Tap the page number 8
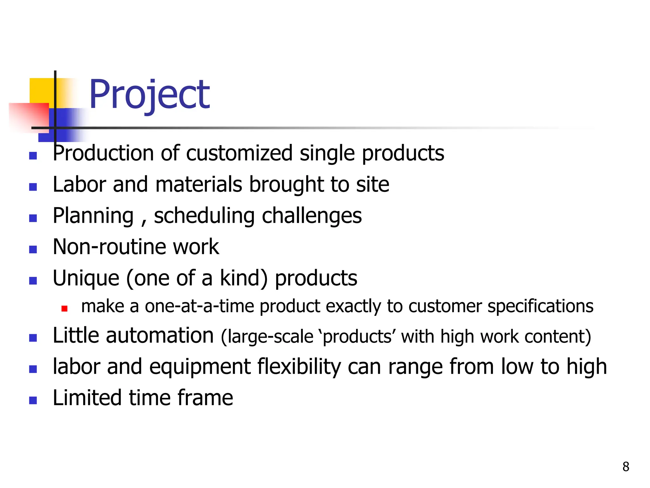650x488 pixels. [x=626, y=467]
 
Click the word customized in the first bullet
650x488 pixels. [x=239, y=153]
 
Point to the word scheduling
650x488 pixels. [x=204, y=216]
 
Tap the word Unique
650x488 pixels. [x=86, y=278]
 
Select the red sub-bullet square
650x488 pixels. [x=64, y=308]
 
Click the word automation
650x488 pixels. [x=160, y=335]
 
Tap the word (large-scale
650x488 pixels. [x=267, y=337]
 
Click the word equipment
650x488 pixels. [x=200, y=367]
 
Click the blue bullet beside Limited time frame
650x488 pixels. [x=33, y=400]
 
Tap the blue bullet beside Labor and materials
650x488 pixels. [x=33, y=187]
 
